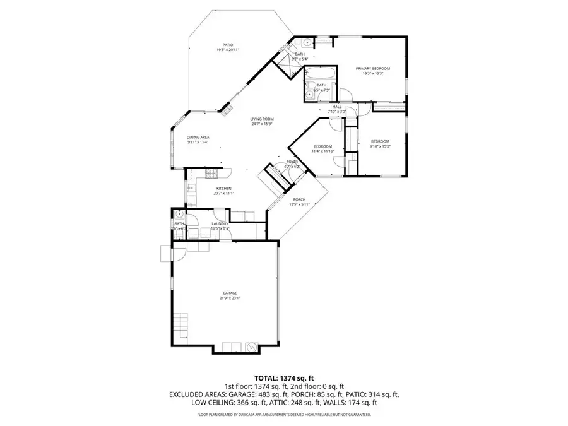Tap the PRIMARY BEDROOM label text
coord(372,68)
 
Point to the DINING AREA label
coord(198,137)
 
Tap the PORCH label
coord(299,199)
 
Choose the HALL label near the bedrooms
coord(337,107)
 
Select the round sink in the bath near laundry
coord(179,214)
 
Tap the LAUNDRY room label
coord(220,223)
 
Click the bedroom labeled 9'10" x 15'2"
coord(380,141)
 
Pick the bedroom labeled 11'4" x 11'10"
coord(322,146)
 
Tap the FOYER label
coord(292,162)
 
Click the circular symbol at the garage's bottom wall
coord(251,346)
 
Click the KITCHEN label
coord(224,189)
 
